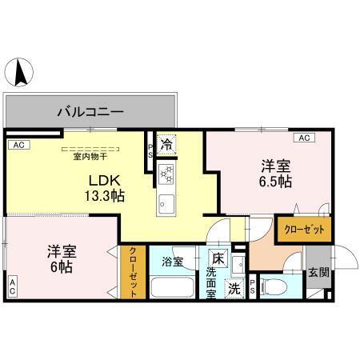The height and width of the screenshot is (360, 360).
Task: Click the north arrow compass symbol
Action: click(21, 74)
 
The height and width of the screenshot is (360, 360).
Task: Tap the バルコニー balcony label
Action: click(90, 110)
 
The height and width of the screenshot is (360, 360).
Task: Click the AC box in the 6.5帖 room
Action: click(303, 138)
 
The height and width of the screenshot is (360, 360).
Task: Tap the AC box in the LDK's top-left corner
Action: click(17, 146)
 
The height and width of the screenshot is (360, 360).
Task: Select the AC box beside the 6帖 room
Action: click(13, 285)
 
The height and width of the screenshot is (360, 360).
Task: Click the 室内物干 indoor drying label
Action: click(90, 157)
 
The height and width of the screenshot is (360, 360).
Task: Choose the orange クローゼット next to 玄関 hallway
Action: click(303, 230)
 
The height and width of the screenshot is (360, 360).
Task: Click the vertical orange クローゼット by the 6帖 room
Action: click(133, 272)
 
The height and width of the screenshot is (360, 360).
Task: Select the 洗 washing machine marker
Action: click(234, 287)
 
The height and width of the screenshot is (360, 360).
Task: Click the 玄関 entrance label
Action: click(318, 272)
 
